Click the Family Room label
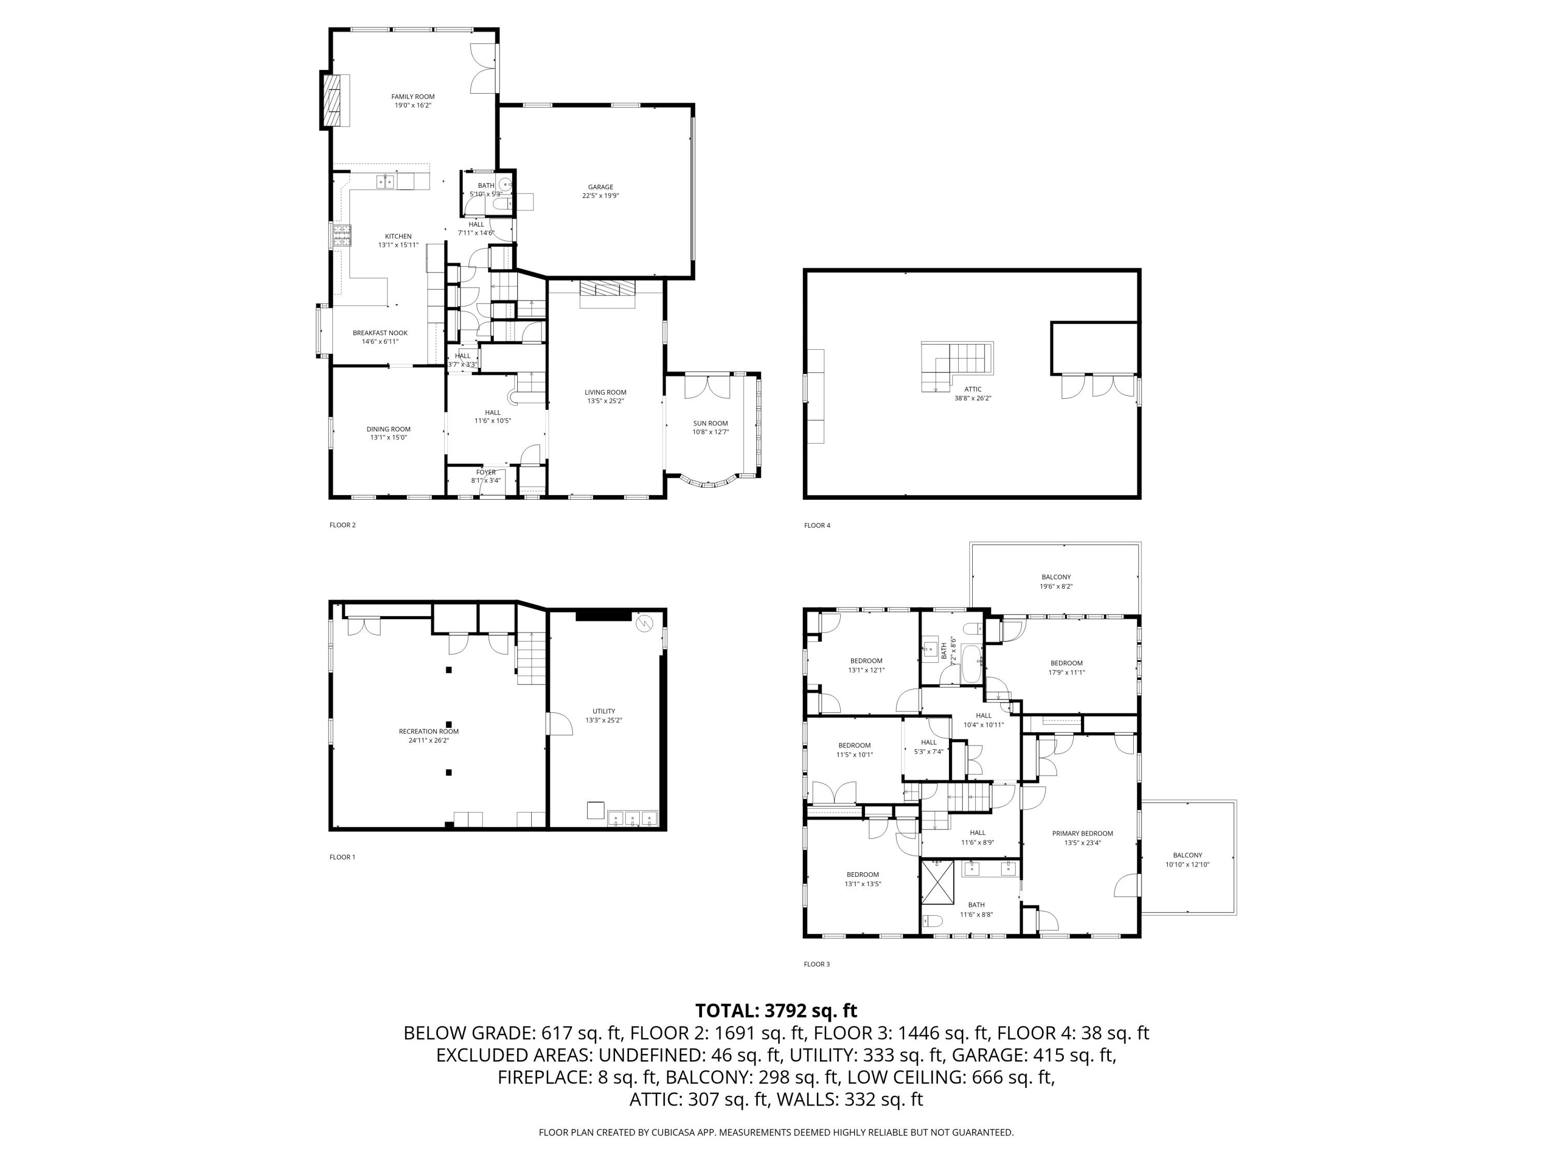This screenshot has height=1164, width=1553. click(x=413, y=97)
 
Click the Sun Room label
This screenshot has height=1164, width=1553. click(x=711, y=423)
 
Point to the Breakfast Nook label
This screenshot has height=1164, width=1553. click(x=380, y=333)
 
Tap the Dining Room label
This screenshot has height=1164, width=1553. click(x=388, y=429)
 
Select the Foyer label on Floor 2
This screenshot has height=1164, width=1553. click(x=486, y=472)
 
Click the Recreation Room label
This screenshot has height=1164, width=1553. click(x=428, y=731)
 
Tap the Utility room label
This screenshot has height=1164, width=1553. click(x=603, y=711)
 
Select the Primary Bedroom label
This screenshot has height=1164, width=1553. click(x=1082, y=833)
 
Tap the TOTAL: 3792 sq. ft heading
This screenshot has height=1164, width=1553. click(x=776, y=1011)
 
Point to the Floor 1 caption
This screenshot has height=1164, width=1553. click(x=342, y=857)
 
